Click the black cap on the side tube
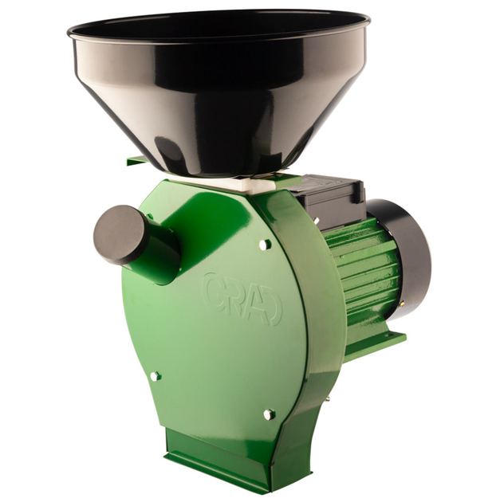click(x=120, y=234)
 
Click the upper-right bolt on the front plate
click(x=264, y=245)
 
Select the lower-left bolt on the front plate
click(x=156, y=376)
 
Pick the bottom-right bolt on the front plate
click(x=270, y=414)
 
